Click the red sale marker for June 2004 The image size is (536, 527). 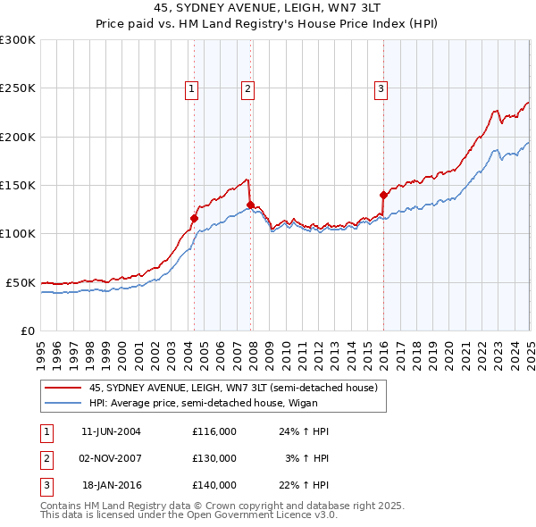point(194,217)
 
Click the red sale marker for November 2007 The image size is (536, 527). point(249,205)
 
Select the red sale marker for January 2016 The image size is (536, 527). point(383,195)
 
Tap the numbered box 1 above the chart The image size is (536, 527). point(192,88)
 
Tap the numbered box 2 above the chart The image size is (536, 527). point(247,88)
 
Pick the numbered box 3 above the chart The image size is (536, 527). point(381,88)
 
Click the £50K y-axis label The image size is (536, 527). point(20,282)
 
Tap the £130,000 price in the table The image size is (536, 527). point(214,458)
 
